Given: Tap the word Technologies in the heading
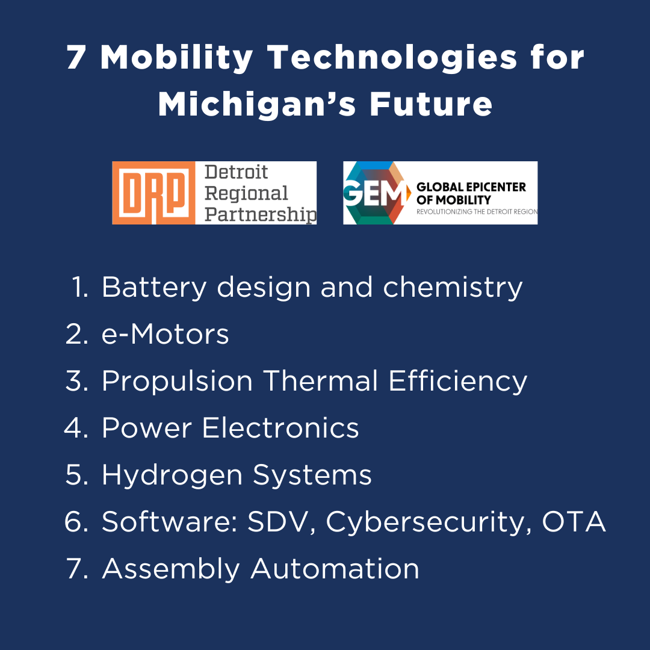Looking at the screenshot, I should click(392, 58).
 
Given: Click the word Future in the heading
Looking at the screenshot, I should click(431, 104).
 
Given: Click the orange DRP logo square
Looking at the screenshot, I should click(153, 193).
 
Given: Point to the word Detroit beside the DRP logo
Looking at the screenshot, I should click(237, 173).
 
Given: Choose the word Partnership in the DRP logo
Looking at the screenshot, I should click(260, 214).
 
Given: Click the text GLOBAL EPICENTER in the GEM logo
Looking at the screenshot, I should click(471, 187).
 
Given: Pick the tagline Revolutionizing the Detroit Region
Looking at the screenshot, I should click(477, 212).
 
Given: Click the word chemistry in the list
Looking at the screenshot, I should click(453, 287).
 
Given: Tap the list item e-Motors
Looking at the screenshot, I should click(166, 334).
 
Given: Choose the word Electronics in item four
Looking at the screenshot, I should click(280, 428).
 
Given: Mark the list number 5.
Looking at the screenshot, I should click(77, 475).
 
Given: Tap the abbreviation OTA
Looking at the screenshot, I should click(574, 522).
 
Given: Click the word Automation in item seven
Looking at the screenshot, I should click(335, 569).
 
